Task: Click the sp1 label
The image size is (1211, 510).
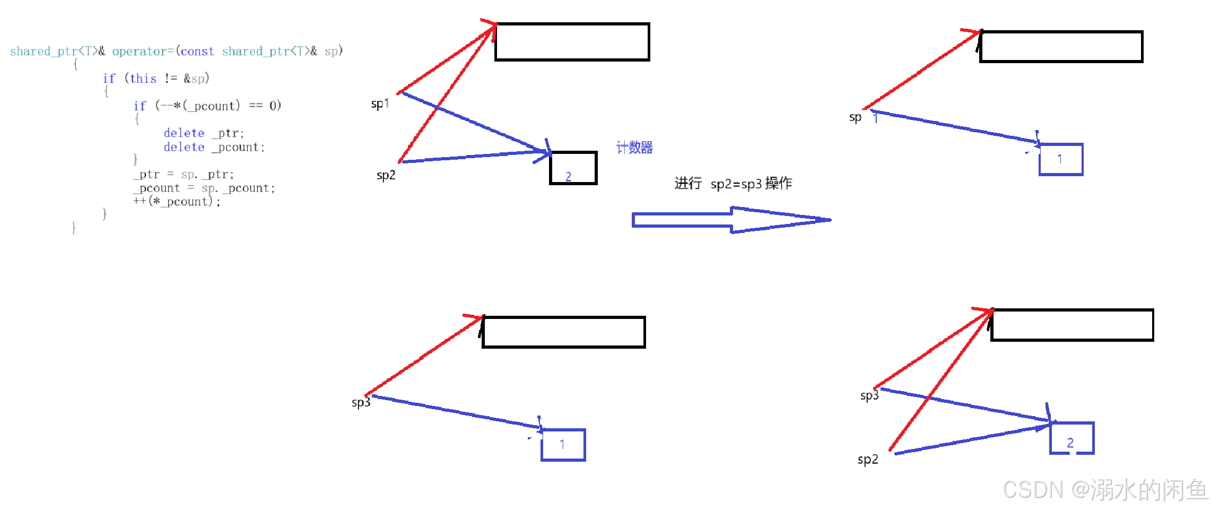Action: (x=380, y=103)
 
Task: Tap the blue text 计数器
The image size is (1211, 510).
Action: (x=634, y=148)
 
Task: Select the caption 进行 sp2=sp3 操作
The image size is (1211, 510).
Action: (x=733, y=184)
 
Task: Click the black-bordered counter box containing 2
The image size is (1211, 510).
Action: (x=573, y=168)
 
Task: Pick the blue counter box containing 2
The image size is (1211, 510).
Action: (x=1072, y=438)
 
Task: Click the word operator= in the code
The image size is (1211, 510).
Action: (x=143, y=51)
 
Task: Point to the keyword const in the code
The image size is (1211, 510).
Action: (x=197, y=51)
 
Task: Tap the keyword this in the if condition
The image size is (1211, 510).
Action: (x=143, y=79)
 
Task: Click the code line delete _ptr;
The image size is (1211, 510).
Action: (x=204, y=133)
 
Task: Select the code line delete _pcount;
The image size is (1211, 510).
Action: (x=214, y=147)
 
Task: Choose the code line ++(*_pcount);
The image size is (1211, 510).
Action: (x=177, y=202)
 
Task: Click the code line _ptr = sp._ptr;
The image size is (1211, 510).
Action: (x=184, y=174)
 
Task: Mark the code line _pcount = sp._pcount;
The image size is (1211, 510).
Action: (x=204, y=188)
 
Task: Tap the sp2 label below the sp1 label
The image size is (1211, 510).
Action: (x=386, y=175)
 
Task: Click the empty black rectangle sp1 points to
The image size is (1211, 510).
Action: (x=572, y=42)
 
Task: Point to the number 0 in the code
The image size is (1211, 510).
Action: (x=273, y=106)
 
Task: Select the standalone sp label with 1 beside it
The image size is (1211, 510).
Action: (x=855, y=117)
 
